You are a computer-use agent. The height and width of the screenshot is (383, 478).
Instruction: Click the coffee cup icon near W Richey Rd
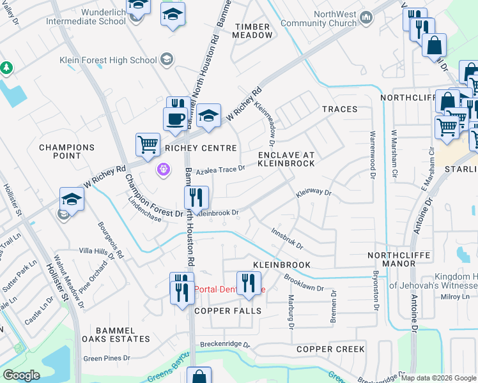coord(175,119)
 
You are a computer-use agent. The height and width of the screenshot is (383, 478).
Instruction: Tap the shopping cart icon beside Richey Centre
coord(148,144)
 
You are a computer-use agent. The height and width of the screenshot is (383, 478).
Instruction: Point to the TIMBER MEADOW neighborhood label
coord(254,31)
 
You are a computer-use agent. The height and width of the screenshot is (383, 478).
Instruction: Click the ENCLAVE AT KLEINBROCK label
coord(286,159)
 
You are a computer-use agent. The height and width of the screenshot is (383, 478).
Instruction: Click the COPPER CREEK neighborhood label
coord(330,349)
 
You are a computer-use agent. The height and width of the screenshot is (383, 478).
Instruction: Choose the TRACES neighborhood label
coord(339,109)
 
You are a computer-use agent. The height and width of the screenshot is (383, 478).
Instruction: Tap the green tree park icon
coord(6,67)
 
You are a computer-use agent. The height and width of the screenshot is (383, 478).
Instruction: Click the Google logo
coord(21,375)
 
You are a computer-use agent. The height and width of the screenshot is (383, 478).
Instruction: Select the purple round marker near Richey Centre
coord(164,169)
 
